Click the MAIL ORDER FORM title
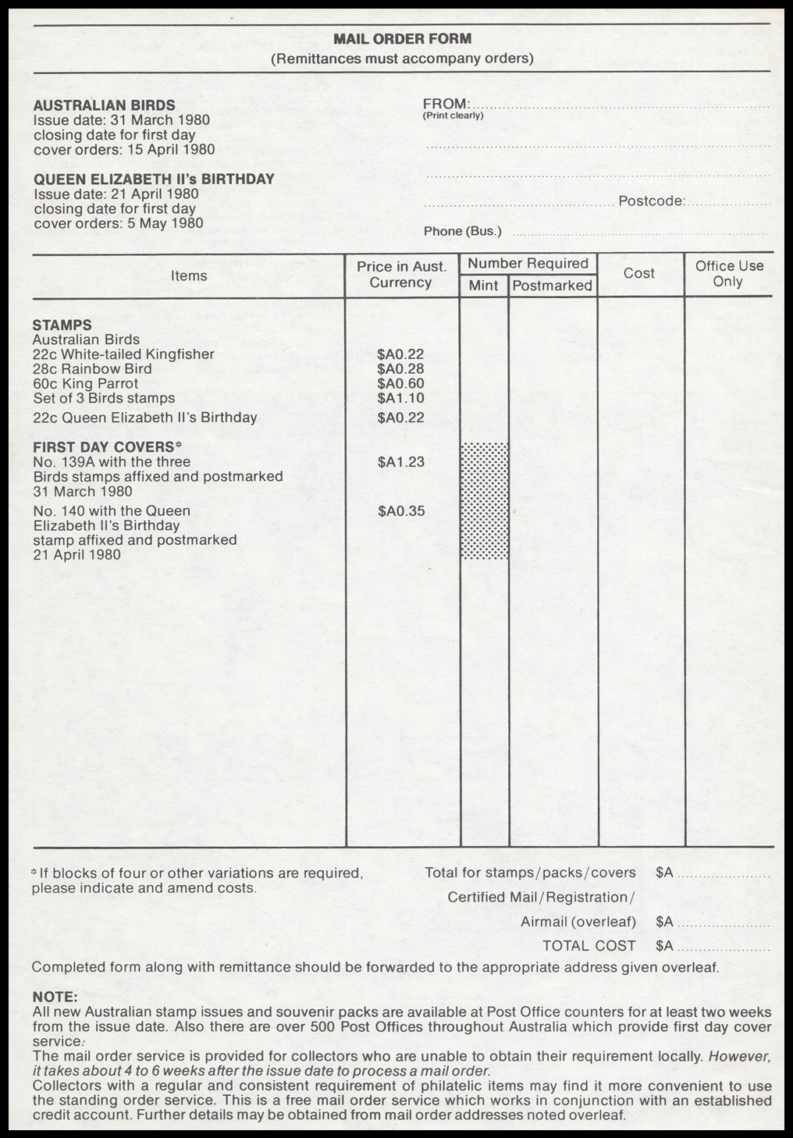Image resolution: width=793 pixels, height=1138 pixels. point(402,38)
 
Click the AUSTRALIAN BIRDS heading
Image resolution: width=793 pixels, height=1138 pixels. point(104,105)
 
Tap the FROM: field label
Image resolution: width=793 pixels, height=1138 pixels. point(446,104)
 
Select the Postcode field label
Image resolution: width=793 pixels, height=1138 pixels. point(652,201)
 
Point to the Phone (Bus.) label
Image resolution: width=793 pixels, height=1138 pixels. point(462,231)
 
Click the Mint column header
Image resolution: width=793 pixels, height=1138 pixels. point(483,286)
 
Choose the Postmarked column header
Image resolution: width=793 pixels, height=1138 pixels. point(552,286)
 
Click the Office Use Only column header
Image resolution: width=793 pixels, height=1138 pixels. point(729,273)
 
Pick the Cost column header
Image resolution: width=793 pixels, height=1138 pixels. point(639,273)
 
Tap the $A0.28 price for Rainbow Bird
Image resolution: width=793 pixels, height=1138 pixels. point(400,368)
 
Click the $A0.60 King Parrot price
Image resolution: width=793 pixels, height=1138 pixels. point(400,383)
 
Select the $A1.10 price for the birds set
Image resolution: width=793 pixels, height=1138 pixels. point(400,398)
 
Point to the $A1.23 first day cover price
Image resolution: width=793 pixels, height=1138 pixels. point(401,462)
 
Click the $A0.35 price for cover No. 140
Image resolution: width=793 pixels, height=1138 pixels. point(401,511)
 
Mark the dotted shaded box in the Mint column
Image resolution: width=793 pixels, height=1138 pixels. point(485,500)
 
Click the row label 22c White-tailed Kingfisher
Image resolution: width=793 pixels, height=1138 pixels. point(123,354)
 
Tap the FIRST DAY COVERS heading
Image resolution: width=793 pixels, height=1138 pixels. point(106,447)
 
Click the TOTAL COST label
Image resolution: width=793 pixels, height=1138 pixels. point(589,946)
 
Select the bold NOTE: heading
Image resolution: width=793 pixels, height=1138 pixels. point(55,997)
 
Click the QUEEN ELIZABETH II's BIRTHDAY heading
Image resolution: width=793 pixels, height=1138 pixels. point(154,179)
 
